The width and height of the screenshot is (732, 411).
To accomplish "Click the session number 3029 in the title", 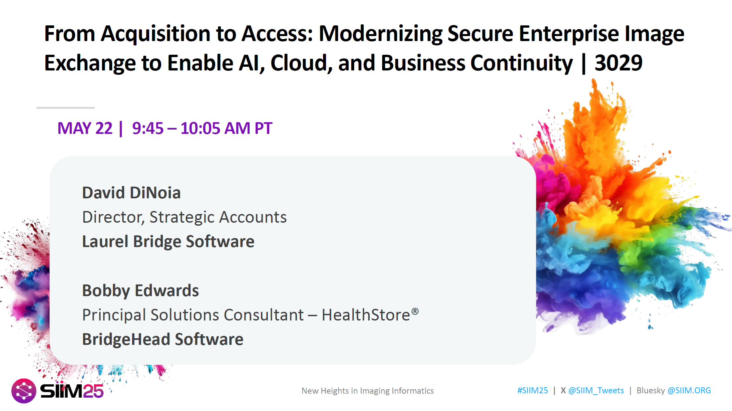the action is [619, 63].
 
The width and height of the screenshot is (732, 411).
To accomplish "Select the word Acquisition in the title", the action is [156, 34].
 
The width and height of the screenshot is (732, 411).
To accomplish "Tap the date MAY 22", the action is [85, 128].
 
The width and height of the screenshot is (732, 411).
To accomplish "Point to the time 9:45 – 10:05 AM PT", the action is [202, 128].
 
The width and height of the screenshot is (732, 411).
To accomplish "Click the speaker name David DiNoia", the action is [131, 193].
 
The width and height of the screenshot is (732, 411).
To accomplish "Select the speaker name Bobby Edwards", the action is [140, 290].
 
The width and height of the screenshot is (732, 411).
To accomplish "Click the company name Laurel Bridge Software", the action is [168, 241].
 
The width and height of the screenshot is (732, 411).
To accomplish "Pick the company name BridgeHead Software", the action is [163, 339].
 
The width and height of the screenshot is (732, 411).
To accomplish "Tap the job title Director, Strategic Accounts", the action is [185, 217].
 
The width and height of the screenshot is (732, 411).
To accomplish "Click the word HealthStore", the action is [366, 315].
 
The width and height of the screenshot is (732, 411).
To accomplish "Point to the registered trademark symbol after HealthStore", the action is [415, 311].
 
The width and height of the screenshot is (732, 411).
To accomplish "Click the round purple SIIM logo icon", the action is [24, 391].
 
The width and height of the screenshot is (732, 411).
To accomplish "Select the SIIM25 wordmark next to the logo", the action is [72, 391].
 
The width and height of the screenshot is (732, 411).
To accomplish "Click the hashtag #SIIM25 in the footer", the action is [532, 390].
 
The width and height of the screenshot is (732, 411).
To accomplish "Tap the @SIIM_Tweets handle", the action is [596, 391].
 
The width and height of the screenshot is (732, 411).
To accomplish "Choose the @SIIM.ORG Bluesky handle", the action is [689, 390].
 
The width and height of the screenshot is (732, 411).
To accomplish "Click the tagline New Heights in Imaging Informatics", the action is [368, 391].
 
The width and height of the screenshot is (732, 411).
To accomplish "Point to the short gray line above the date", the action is [65, 108].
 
